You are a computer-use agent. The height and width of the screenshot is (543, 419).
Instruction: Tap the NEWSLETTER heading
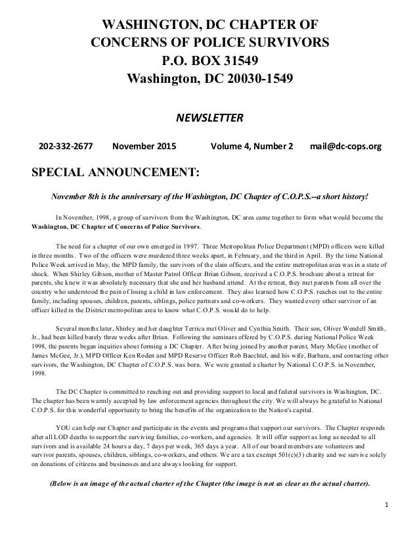[x=209, y=118]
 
